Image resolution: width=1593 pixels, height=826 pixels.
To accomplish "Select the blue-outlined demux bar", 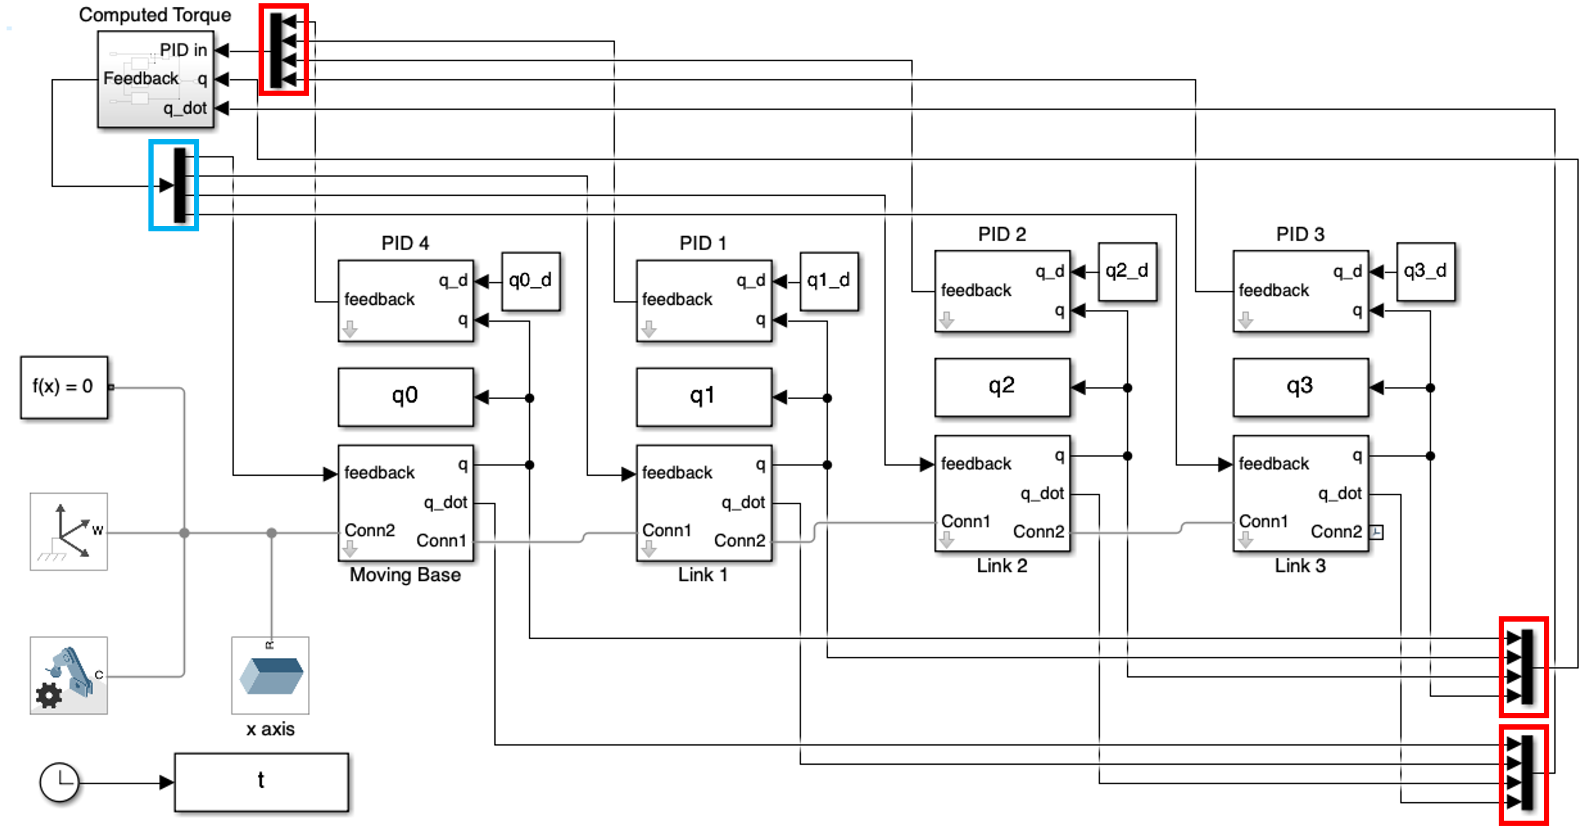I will pos(179,185).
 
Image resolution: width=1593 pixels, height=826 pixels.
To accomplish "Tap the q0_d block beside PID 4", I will pos(531,281).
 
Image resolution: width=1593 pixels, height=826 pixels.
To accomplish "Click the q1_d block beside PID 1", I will pos(829,281).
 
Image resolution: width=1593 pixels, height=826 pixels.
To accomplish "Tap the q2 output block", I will pos(1002,387).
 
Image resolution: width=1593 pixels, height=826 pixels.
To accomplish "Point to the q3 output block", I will pos(1300,387).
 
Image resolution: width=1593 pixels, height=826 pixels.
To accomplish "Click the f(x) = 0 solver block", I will pos(64,387).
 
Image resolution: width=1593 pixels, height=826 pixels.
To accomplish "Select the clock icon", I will pos(59,782).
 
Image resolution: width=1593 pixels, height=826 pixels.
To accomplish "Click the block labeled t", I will pos(261,782).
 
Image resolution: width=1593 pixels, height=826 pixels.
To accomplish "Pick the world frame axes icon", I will pos(68,531).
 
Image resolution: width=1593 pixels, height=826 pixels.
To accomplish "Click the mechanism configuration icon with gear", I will pos(68,675).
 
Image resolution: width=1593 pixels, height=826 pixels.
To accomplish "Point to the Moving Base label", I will pos(405,575).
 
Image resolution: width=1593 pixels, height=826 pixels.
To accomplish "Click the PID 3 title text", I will pos(1300,234).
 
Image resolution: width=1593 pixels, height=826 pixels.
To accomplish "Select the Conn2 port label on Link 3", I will pos(1336,531).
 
